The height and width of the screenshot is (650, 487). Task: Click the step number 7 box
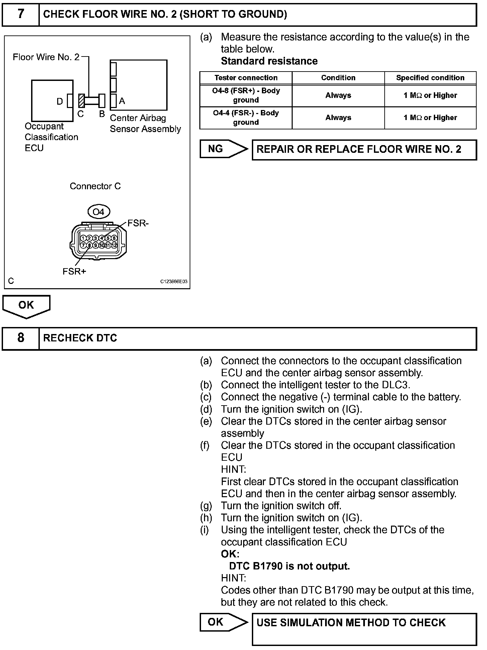(20, 14)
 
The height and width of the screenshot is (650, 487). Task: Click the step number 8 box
(20, 338)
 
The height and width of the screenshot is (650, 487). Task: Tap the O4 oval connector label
(98, 212)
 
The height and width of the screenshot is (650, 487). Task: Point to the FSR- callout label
(138, 223)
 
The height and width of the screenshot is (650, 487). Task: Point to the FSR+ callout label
(74, 272)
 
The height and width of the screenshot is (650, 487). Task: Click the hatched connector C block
(81, 100)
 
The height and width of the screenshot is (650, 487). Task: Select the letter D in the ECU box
(60, 101)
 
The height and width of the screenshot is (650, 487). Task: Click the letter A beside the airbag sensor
(122, 101)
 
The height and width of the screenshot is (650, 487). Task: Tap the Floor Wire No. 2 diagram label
(46, 57)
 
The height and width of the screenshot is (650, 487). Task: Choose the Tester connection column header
(246, 78)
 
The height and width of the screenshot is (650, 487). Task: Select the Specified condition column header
(430, 78)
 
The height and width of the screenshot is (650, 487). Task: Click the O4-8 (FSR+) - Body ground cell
(246, 95)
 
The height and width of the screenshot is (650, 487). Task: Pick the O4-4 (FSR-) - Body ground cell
(246, 118)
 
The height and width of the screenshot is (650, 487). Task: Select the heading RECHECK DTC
(80, 338)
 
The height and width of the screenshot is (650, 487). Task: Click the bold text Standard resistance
(269, 61)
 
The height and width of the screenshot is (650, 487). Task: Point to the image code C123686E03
(174, 282)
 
